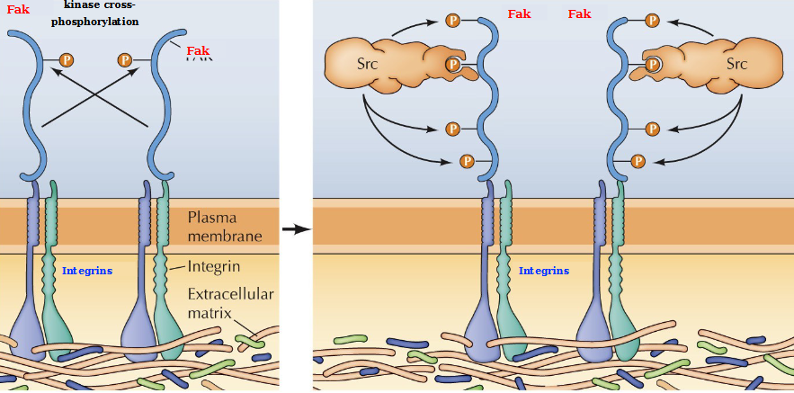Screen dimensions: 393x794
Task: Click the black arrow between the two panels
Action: pyautogui.click(x=296, y=229)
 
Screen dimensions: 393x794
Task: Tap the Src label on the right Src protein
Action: pyautogui.click(x=736, y=64)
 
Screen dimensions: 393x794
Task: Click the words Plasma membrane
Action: pyautogui.click(x=225, y=227)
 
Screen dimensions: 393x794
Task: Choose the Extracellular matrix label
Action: pyautogui.click(x=230, y=303)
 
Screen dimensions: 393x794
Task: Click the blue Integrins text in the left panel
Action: pyautogui.click(x=87, y=271)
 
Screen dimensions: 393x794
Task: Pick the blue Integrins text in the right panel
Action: pyautogui.click(x=544, y=270)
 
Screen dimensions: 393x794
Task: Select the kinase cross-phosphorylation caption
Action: pyautogui.click(x=101, y=13)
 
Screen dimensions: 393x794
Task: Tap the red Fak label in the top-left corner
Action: pyautogui.click(x=18, y=10)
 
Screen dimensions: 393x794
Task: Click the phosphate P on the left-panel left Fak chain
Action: pyautogui.click(x=67, y=60)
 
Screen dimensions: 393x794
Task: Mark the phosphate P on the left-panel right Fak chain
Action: pyautogui.click(x=125, y=60)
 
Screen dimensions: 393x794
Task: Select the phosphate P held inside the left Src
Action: pyautogui.click(x=453, y=65)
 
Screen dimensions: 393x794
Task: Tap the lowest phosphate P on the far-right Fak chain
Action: pyautogui.click(x=638, y=161)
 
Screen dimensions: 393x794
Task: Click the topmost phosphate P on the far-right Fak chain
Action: pyautogui.click(x=652, y=19)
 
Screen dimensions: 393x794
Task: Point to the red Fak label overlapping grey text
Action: pyautogui.click(x=199, y=52)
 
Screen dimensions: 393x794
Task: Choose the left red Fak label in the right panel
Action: pyautogui.click(x=519, y=14)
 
